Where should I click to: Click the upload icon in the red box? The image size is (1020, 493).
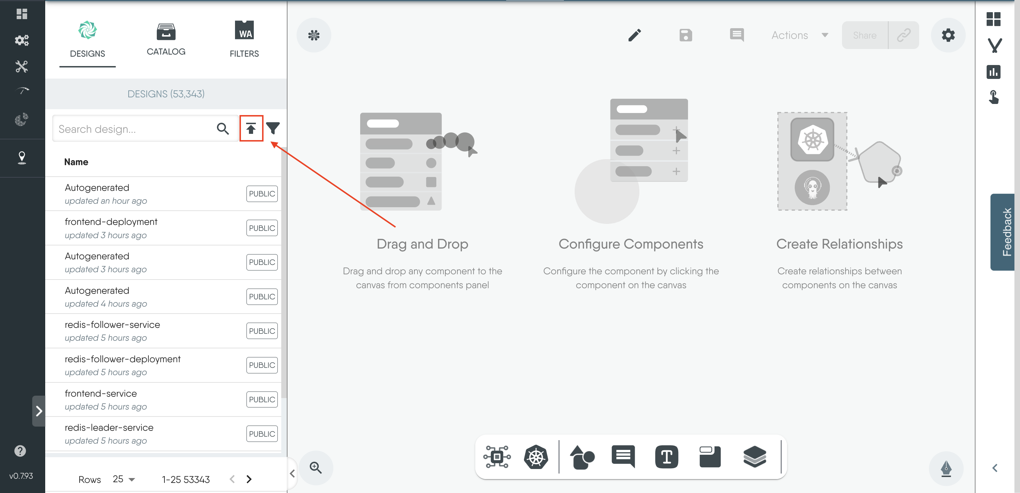tap(251, 128)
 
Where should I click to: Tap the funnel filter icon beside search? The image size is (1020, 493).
tap(273, 128)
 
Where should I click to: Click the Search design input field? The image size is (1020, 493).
tap(135, 129)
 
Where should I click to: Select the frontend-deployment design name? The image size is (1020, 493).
tap(111, 222)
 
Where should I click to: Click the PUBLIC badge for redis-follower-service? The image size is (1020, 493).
tap(262, 331)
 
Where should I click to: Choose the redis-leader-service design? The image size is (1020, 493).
tap(109, 428)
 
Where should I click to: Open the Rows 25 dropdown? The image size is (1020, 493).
tap(123, 479)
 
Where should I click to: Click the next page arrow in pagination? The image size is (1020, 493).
tap(249, 479)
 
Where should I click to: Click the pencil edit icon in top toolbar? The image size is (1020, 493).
tap(635, 35)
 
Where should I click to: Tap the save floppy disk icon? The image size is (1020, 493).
tap(686, 35)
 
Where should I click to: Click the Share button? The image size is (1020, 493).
tap(865, 35)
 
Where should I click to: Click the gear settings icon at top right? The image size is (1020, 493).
tap(948, 35)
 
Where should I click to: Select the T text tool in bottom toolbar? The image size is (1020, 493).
tap(666, 456)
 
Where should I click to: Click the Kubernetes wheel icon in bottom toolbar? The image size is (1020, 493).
tap(536, 456)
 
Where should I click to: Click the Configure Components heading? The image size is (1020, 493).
tap(631, 244)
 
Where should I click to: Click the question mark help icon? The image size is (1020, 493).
tap(20, 451)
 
